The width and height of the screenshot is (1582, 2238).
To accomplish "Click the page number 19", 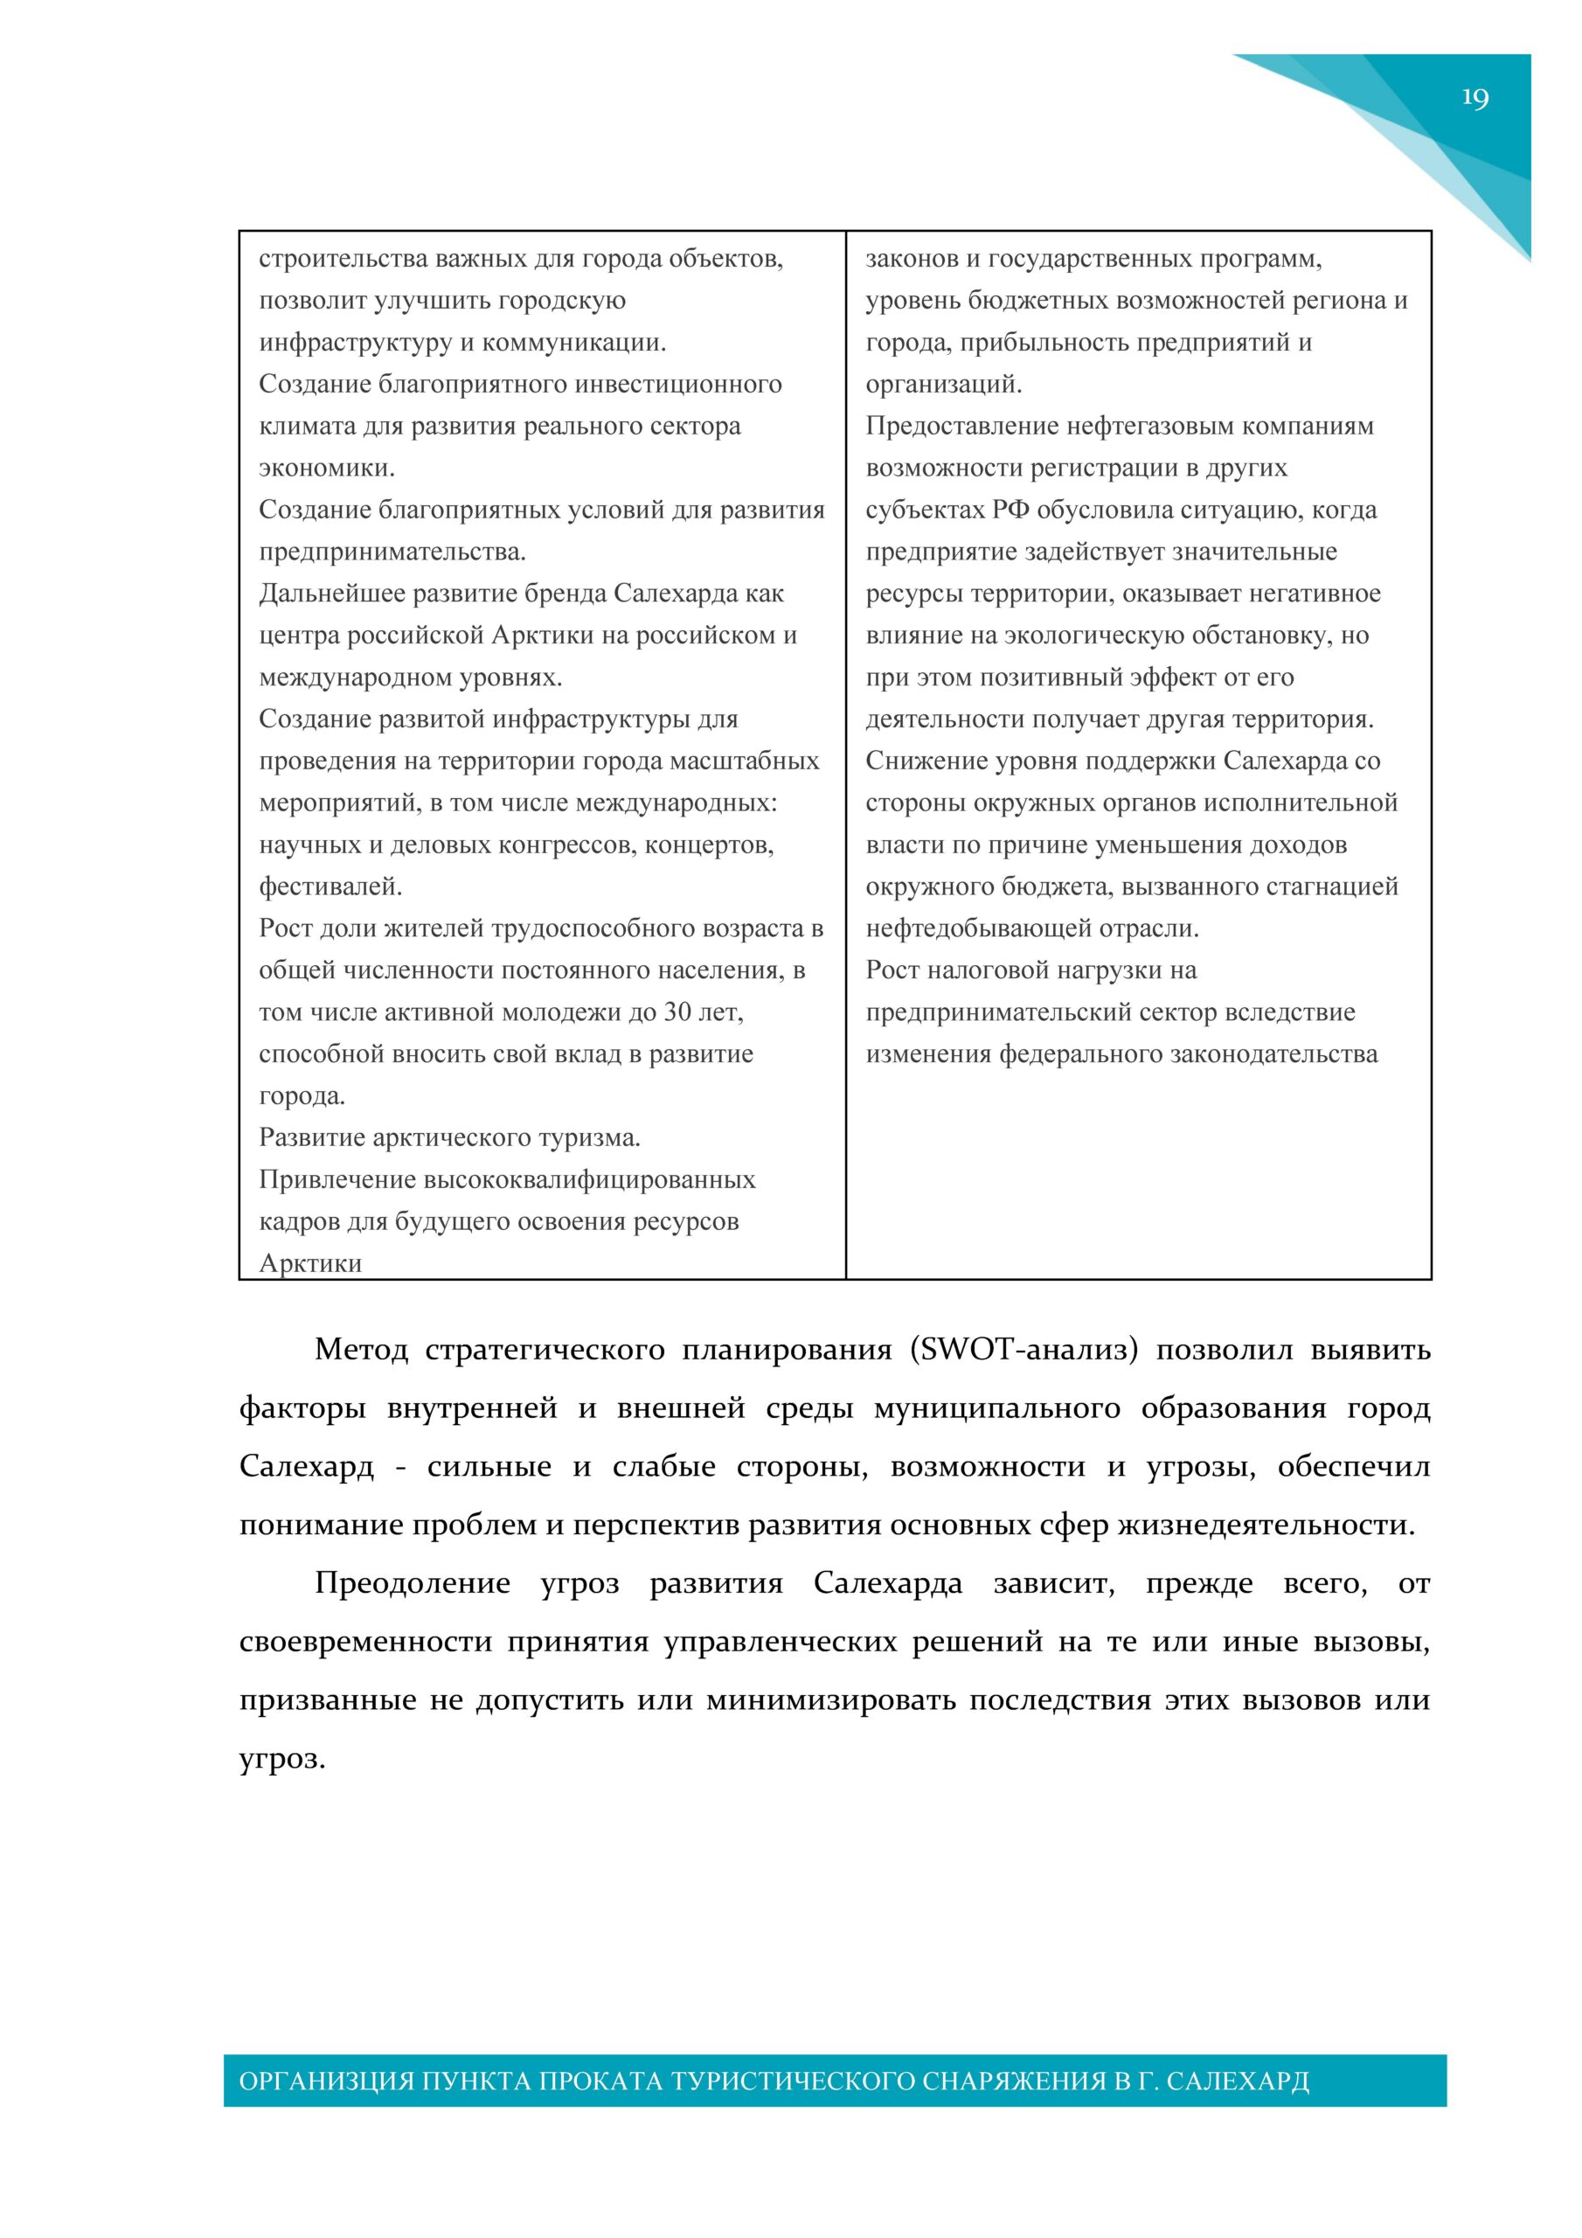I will (1474, 99).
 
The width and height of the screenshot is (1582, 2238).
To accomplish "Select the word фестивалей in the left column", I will (330, 886).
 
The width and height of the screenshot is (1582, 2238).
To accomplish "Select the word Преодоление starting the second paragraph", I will (413, 1583).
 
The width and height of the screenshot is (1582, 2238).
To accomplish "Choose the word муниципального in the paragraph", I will (996, 1408).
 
